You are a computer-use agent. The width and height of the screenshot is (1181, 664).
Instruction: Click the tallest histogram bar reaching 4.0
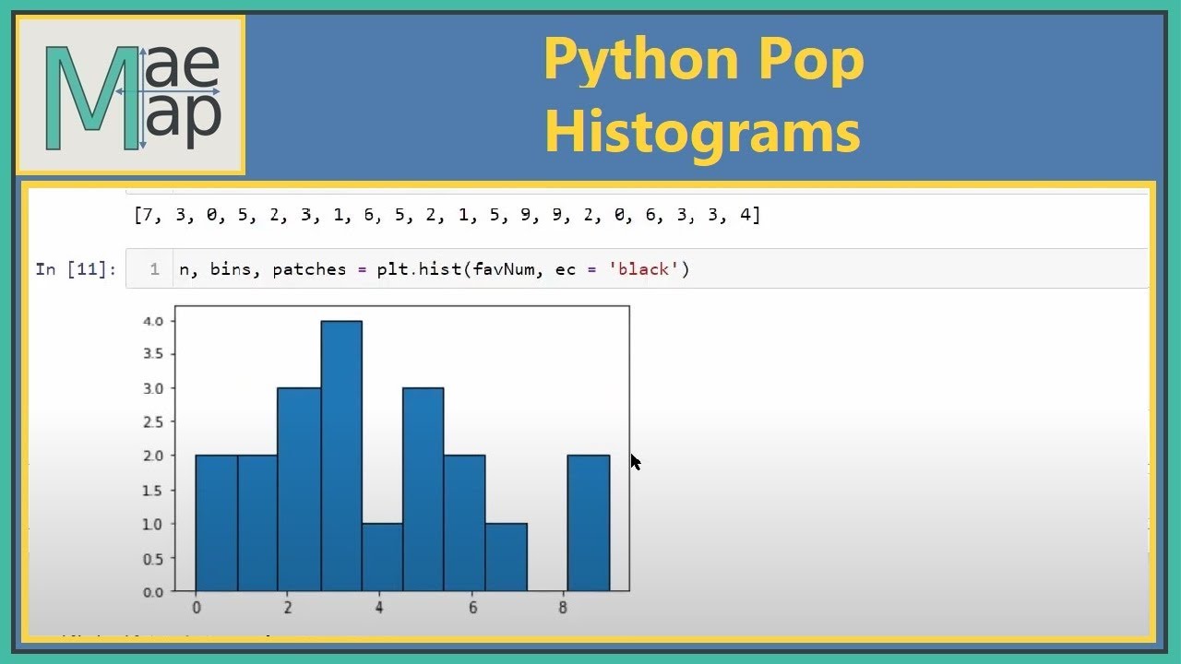pos(341,456)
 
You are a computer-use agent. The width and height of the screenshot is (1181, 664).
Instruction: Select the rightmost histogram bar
pos(588,522)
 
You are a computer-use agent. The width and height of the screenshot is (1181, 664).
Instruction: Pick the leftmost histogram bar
pos(216,522)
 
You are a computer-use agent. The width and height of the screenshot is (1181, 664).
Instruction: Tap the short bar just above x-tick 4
pos(382,557)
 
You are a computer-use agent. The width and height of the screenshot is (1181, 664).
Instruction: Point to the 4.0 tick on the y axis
pos(153,321)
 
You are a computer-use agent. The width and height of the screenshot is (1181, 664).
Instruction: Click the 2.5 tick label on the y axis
pos(153,421)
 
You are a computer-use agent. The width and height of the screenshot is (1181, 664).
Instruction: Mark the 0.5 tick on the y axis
pos(153,558)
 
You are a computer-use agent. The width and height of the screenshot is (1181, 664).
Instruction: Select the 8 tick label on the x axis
pos(563,609)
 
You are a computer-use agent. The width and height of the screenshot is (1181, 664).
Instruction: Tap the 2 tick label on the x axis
pos(288,609)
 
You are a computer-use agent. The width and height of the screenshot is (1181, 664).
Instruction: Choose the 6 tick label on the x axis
pos(471,609)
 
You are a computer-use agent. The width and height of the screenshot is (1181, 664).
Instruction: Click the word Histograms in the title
pos(702,132)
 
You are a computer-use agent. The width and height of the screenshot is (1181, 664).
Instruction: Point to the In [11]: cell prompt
pos(76,269)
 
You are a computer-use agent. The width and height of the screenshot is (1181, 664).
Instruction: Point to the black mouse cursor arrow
pos(636,461)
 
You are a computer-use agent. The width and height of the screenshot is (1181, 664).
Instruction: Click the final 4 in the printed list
pos(746,216)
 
